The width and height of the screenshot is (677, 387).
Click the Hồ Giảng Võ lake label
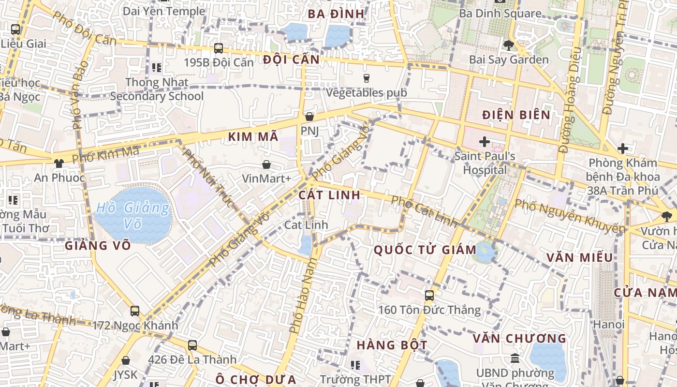pos(132,216)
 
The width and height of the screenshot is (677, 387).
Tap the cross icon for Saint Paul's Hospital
pos(484,142)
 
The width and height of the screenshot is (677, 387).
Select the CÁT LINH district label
pos(329,195)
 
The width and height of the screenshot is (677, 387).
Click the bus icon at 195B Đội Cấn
pos(219,48)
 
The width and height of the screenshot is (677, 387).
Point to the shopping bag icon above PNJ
pos(309,117)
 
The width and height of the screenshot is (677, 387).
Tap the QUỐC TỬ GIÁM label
pos(426,250)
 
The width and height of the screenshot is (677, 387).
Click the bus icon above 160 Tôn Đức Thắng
pos(429,295)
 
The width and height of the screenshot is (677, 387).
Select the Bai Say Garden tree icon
pos(508,45)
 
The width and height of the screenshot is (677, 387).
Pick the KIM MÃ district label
pos(253,137)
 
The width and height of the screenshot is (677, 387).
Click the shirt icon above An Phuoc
pos(59,164)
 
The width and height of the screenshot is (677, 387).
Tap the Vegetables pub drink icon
pos(366,78)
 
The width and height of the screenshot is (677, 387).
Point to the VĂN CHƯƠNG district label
pos(519,338)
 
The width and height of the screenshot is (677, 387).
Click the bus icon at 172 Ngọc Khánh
pos(135,311)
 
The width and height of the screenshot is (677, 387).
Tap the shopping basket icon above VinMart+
pos(266,165)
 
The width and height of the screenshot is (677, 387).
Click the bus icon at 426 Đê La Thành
pos(192,345)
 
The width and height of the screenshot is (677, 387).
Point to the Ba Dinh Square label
pos(500,14)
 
